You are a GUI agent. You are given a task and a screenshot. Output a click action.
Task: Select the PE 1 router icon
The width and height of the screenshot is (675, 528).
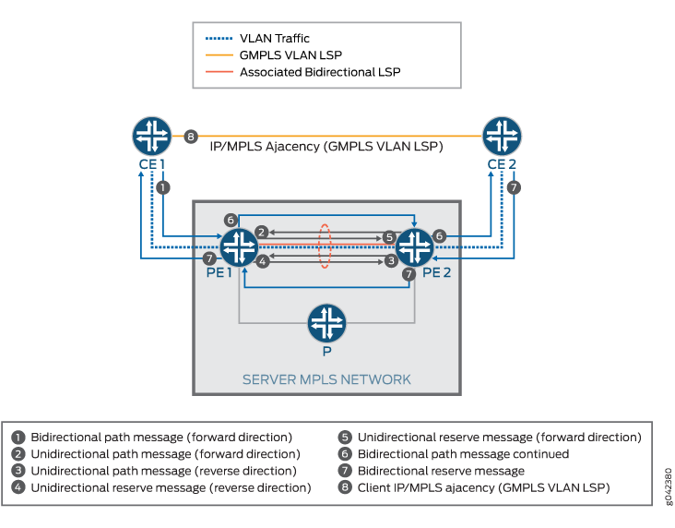point(239,247)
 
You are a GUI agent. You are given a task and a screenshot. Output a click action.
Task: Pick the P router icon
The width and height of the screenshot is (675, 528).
point(326,323)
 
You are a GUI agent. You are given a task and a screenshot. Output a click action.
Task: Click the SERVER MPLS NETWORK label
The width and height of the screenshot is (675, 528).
point(326,379)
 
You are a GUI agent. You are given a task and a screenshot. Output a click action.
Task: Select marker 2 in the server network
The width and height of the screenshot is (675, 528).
point(262,232)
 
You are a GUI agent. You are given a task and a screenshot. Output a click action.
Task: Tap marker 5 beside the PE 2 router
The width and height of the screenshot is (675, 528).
point(390,237)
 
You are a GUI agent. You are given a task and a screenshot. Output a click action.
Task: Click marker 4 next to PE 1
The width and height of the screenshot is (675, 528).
point(262,262)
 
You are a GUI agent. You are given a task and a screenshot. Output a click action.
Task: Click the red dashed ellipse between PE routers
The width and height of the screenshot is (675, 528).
point(325,246)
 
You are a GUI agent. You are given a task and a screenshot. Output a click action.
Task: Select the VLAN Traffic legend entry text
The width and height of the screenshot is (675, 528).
point(274,39)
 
